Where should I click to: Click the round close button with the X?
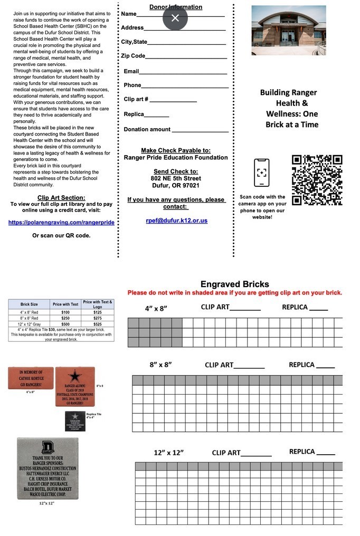pos(175,18)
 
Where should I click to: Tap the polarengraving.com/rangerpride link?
pos(61,223)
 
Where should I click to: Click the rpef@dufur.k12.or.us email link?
pos(176,221)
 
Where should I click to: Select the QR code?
pos(317,180)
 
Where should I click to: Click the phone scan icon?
pos(261,173)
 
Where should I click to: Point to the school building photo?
pos(288,30)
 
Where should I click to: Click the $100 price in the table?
pos(65,312)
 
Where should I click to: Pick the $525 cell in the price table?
pos(98,324)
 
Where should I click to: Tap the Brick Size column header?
pos(29,304)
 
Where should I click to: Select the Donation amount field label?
pos(147,129)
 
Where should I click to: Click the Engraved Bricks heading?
pos(234,284)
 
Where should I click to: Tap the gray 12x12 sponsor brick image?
pos(47,468)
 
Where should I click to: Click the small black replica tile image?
pos(75,421)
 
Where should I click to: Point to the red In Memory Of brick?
pos(31,378)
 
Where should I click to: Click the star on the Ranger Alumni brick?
pos(75,376)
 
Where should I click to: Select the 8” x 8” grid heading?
pos(160,365)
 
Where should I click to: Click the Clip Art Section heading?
pos(61,198)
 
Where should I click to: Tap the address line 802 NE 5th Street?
pos(176,178)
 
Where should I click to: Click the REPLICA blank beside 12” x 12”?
pos(325,453)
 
